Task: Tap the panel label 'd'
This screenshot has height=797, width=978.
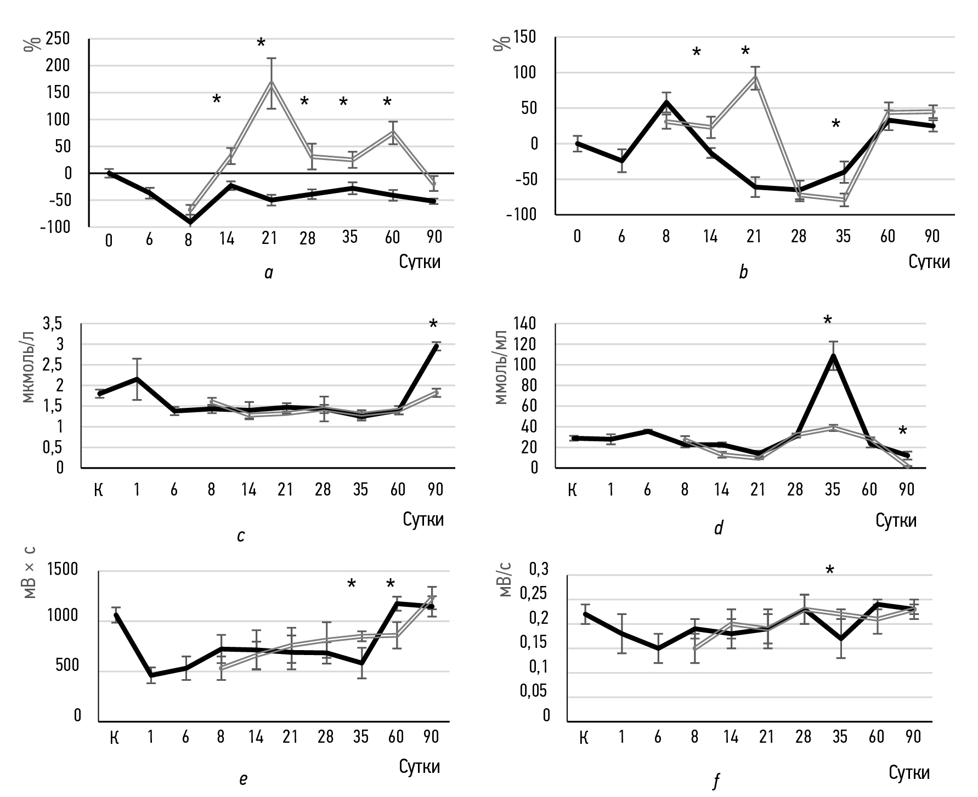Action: coord(719,528)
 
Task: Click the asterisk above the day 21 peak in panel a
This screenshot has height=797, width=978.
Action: coord(261,43)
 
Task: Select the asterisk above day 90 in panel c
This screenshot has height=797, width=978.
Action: coord(433,324)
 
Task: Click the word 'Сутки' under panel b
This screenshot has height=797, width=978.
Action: coord(929,262)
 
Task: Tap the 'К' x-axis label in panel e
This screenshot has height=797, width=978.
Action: coord(114,738)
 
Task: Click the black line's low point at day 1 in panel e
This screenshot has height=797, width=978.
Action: coord(150,675)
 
